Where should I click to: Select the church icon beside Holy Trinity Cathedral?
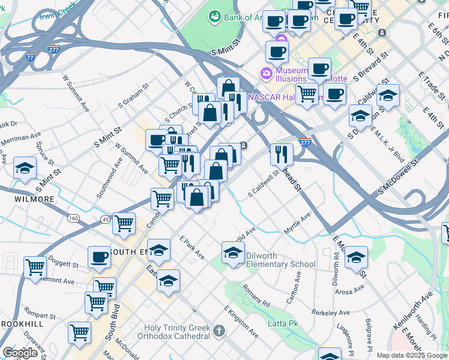pyautogui.click(x=220, y=331)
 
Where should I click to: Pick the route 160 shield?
pyautogui.click(x=73, y=218)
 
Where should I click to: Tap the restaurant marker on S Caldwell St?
pyautogui.click(x=281, y=155)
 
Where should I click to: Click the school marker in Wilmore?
pyautogui.click(x=25, y=169)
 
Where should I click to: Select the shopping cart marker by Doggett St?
pyautogui.click(x=35, y=267)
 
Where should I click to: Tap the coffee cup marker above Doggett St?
pyautogui.click(x=99, y=257)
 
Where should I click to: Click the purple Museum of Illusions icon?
pyautogui.click(x=265, y=73)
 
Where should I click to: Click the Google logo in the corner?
pyautogui.click(x=20, y=353)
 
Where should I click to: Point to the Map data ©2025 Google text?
pyautogui.click(x=411, y=355)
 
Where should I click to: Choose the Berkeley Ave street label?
pyautogui.click(x=331, y=313)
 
